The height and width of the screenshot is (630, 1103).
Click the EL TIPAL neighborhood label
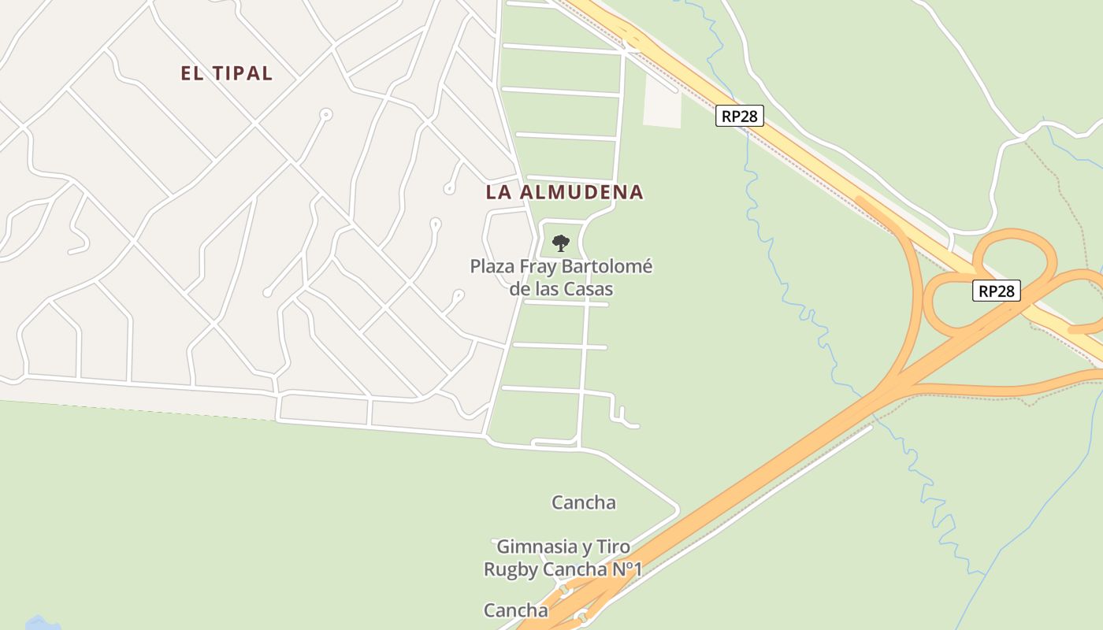click(x=226, y=73)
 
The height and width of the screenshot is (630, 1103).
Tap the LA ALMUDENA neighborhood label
click(x=564, y=191)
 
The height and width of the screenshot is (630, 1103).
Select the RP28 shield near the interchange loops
click(x=996, y=291)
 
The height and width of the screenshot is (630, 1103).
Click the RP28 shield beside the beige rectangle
click(x=740, y=116)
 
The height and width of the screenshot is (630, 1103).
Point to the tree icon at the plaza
click(x=560, y=243)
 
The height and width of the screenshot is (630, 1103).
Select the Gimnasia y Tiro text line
click(x=563, y=547)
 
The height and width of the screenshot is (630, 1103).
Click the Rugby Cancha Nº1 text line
click(x=563, y=569)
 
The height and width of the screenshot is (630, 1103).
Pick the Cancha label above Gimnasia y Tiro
click(x=583, y=502)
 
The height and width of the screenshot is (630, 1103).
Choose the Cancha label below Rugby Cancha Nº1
click(x=515, y=610)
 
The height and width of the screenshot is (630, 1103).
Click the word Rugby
click(x=510, y=569)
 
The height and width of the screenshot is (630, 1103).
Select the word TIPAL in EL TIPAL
click(x=241, y=73)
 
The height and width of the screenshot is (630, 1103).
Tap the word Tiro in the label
click(x=612, y=547)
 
